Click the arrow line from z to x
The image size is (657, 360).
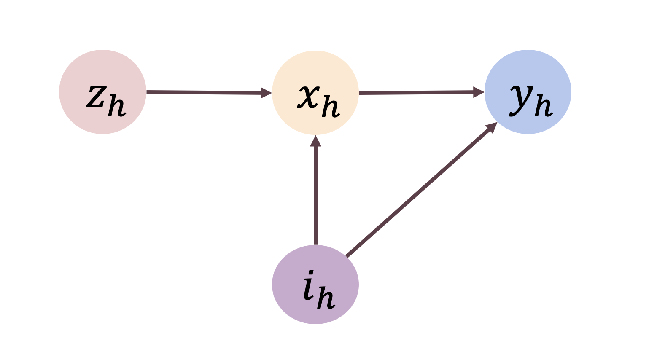tap(202, 92)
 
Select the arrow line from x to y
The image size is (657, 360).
tap(415, 92)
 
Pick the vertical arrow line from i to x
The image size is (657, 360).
tap(315, 194)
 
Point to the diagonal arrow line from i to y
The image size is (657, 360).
tap(417, 193)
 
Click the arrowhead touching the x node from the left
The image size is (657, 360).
tap(266, 92)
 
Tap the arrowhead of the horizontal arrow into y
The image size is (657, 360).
tap(478, 92)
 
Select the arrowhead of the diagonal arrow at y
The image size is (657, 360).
tap(492, 127)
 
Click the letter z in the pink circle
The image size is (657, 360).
tap(96, 97)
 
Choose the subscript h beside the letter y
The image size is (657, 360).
tap(544, 105)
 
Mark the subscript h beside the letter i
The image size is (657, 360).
tap(327, 298)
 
